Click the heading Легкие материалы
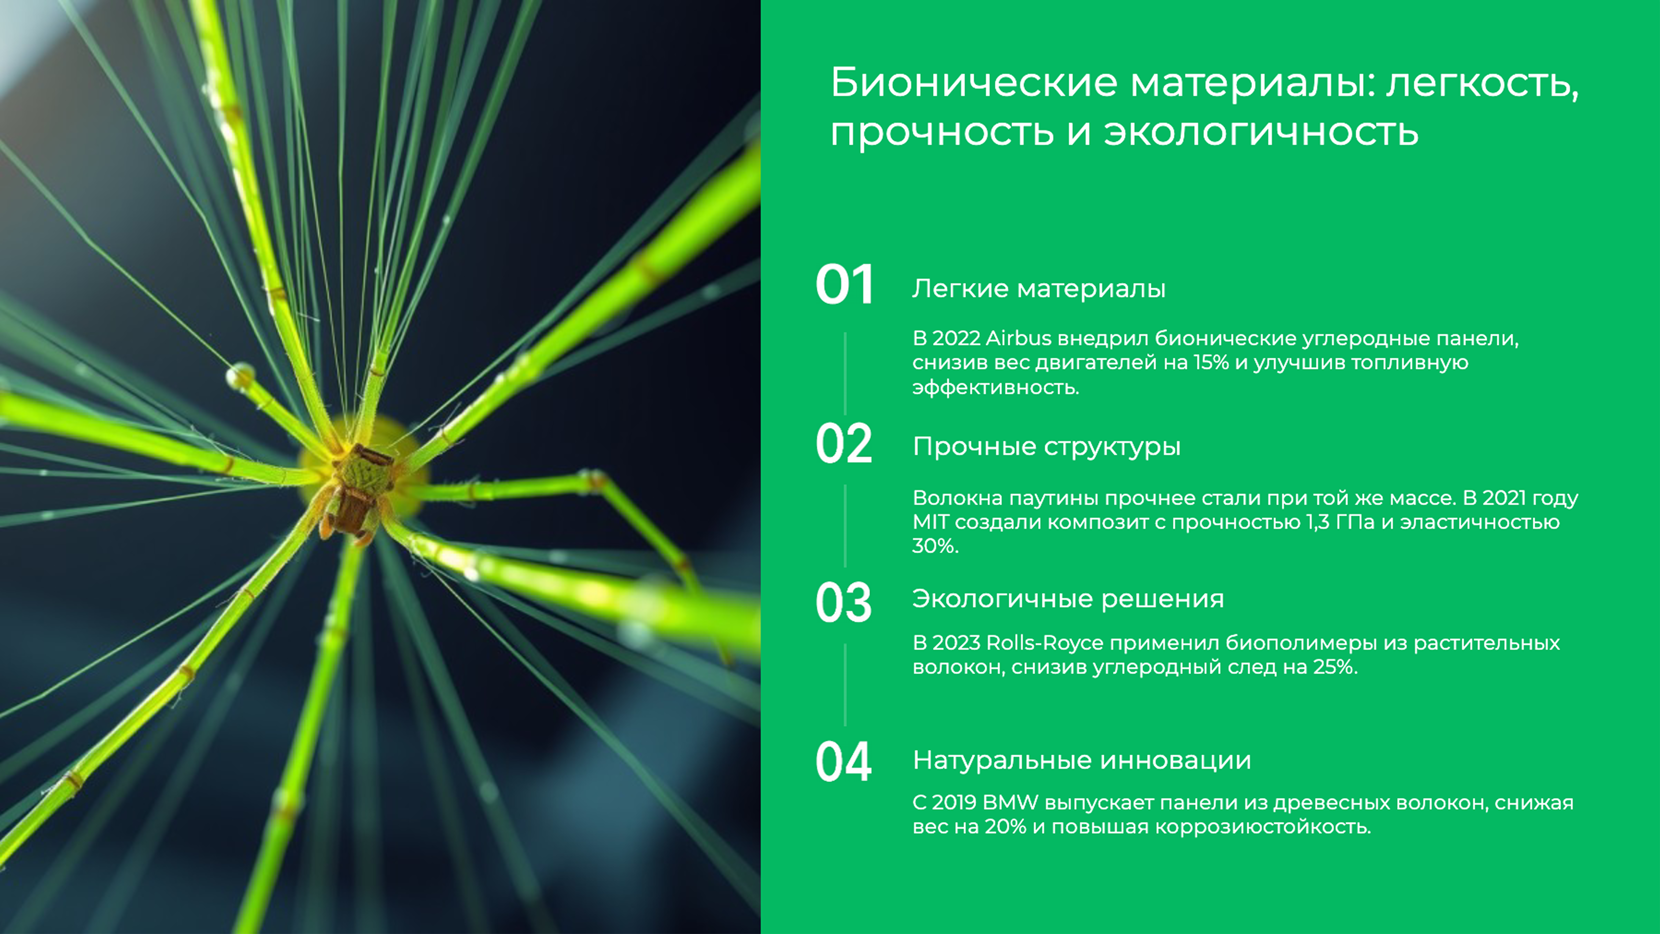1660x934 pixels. [1038, 289]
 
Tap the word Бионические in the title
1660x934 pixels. [973, 84]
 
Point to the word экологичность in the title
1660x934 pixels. [1261, 132]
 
